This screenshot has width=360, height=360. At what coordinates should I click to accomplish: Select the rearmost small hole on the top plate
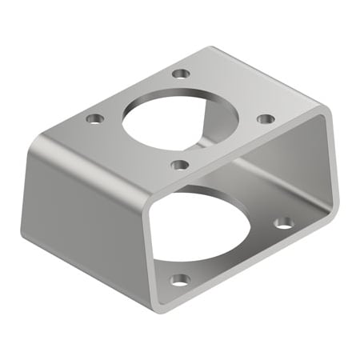point(182,74)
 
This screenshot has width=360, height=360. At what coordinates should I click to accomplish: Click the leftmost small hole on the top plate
point(95,119)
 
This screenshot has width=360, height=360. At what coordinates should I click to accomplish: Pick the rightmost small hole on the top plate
point(266,118)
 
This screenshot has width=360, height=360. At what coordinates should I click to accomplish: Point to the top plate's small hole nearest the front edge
point(180,165)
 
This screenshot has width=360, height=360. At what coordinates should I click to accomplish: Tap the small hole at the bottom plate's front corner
point(181,280)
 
